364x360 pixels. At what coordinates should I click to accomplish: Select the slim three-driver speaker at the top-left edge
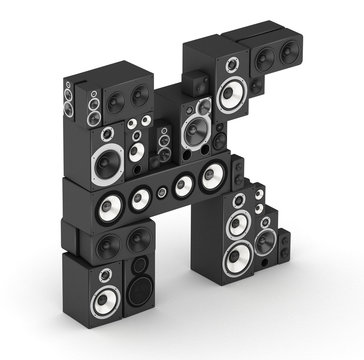pyautogui.click(x=69, y=100)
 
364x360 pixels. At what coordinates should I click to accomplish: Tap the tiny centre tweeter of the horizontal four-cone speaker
pyautogui.click(x=162, y=190)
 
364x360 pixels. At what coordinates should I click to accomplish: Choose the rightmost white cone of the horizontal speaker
pyautogui.click(x=210, y=177)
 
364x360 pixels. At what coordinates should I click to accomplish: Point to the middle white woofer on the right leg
pyautogui.click(x=238, y=225)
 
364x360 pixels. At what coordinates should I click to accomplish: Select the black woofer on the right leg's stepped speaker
pyautogui.click(x=263, y=241)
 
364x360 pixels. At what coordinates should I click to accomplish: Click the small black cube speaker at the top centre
pyautogui.click(x=198, y=84)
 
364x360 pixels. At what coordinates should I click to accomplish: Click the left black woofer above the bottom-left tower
pyautogui.click(x=107, y=243)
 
